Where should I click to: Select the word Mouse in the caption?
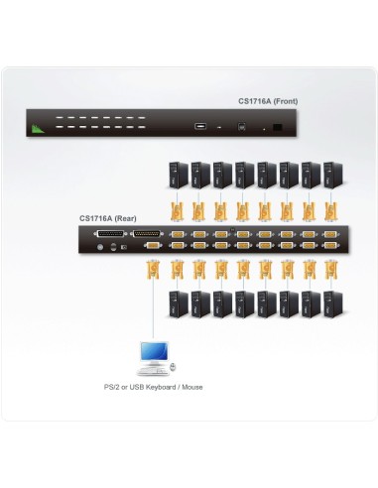tap(191, 387)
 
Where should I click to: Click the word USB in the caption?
tap(139, 387)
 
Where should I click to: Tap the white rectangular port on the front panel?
tap(200, 127)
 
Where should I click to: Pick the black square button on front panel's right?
tap(277, 128)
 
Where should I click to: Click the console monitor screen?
tap(154, 352)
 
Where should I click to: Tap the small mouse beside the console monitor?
tap(174, 368)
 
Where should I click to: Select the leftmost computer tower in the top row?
tap(177, 175)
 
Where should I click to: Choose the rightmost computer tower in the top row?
tap(330, 175)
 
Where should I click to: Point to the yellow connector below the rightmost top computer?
tap(330, 210)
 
